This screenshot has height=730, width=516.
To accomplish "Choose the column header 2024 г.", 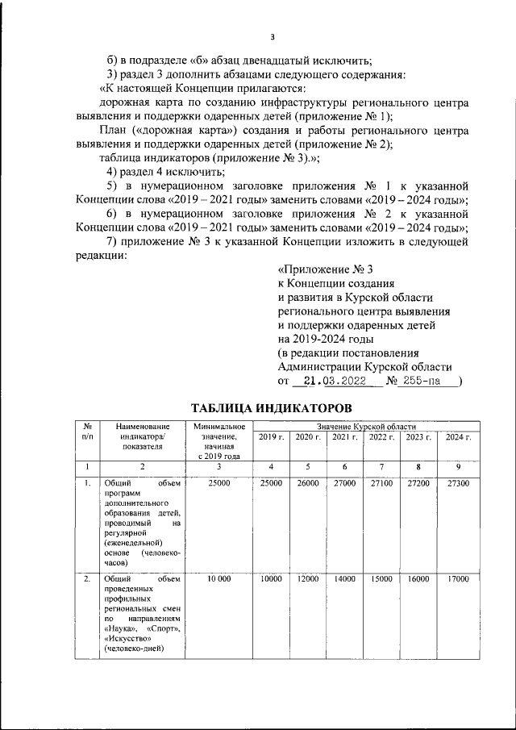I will [x=458, y=436].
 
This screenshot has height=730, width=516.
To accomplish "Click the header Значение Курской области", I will [x=366, y=425].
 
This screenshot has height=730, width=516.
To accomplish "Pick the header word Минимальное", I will [x=213, y=425].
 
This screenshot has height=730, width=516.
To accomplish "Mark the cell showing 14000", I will [x=345, y=579].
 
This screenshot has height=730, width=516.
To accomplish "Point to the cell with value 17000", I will [x=458, y=579].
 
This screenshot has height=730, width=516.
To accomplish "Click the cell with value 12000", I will [x=307, y=579].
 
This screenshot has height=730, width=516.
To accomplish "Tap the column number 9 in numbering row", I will [x=458, y=466].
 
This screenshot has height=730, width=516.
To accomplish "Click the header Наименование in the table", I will [x=143, y=425].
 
